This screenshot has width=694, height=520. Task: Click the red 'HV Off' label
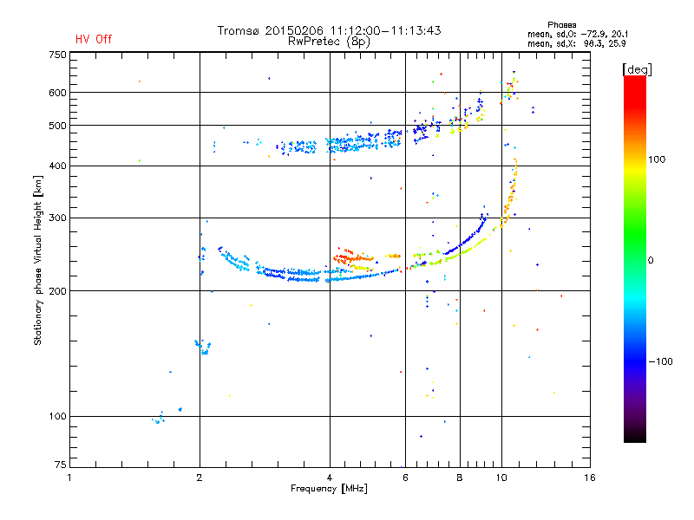pos(94,39)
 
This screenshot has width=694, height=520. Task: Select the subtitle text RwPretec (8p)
pos(329,42)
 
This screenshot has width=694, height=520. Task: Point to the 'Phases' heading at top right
pos(561,25)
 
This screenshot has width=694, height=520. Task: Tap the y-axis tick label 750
pos(58,55)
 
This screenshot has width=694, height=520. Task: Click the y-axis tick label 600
pos(58,93)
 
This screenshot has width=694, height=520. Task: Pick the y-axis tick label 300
pos(58,218)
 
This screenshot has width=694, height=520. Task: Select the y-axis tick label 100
pos(58,416)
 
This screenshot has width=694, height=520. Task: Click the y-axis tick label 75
pos(61,465)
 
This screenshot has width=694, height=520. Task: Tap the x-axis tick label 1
pos(69,478)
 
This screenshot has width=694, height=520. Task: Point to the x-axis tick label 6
pos(405,478)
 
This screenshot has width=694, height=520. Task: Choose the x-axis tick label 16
pos(590,478)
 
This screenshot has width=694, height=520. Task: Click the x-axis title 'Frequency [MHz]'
pos(329,489)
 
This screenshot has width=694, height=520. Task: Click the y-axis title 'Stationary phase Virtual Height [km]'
pos(37,260)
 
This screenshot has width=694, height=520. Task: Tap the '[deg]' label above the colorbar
pos(637,69)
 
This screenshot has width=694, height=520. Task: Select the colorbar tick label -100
pos(660,361)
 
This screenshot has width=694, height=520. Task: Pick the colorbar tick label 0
pos(651,260)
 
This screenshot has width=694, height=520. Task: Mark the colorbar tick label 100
pos(657,159)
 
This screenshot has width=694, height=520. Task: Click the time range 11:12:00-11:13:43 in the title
pos(385,30)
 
